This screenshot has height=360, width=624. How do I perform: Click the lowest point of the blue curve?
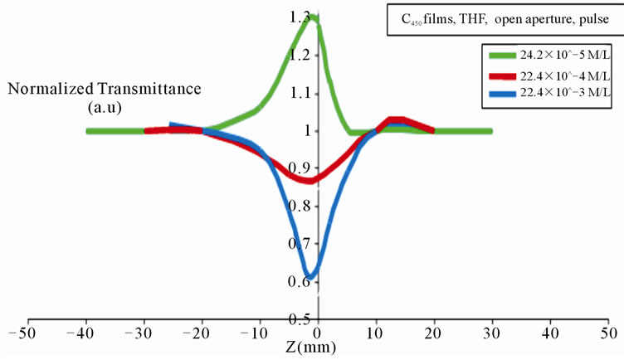click(309, 276)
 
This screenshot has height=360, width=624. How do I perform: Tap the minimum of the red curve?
click(309, 180)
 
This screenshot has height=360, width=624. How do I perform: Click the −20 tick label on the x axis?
click(199, 335)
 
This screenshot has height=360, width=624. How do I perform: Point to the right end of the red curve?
click(431, 130)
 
